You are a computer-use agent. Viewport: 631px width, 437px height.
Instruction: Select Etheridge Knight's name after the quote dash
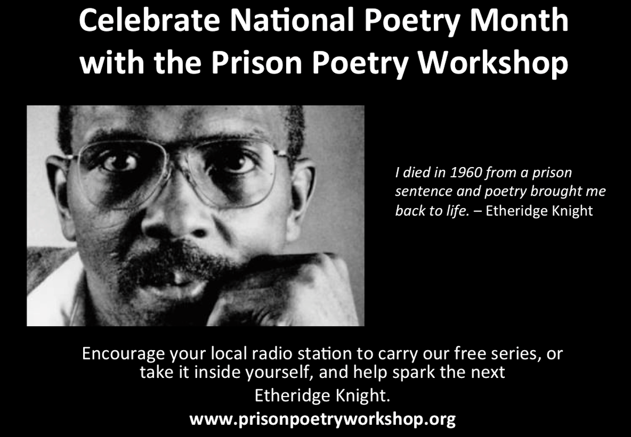[x=539, y=211]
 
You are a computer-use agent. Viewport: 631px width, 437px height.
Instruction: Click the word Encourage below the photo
[x=123, y=353]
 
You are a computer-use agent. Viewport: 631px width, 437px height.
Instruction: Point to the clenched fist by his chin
[x=300, y=284]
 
